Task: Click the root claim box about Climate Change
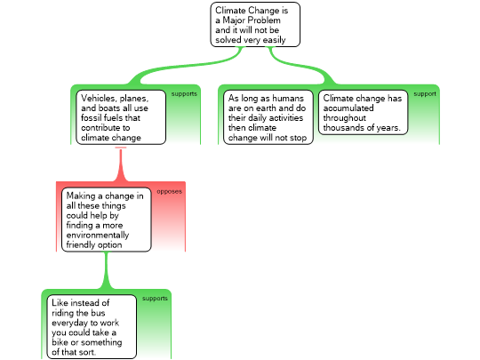pos(255,25)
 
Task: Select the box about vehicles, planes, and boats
pos(121,117)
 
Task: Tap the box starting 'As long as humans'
pos(268,117)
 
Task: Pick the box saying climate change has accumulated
pos(363,112)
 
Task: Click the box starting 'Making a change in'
pos(107,220)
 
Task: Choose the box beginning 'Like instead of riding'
pos(92,326)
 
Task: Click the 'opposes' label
pos(169,192)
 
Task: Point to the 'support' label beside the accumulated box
pos(425,94)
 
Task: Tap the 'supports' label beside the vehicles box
pos(184,94)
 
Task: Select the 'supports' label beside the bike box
pos(155,299)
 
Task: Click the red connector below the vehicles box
pos(121,164)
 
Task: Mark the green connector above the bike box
pos(107,270)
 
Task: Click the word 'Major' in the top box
pos(234,20)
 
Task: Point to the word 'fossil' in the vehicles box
pos(90,118)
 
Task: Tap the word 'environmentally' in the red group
pos(98,235)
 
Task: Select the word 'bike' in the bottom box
pos(60,342)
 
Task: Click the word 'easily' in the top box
pos(275,40)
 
